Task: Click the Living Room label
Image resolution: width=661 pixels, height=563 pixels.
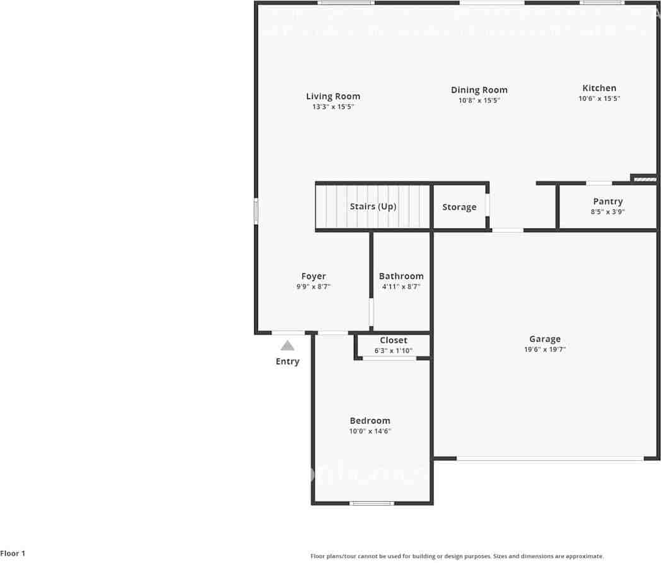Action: [x=333, y=97]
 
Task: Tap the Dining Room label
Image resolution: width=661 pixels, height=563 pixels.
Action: [x=479, y=90]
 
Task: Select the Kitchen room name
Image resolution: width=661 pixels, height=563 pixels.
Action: [x=599, y=88]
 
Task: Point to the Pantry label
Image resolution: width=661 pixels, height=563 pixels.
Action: [x=607, y=201]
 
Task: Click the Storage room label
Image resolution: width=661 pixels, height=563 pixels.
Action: [x=459, y=207]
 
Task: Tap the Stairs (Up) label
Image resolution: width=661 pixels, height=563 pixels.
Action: [x=373, y=206]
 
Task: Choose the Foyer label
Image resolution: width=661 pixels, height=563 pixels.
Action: [x=313, y=276]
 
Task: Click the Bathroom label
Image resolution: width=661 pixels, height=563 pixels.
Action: [x=401, y=276]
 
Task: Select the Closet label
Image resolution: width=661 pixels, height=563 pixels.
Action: [x=394, y=340]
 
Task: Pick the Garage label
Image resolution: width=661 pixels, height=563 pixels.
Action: [x=545, y=339]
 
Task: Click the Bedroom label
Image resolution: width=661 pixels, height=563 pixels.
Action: [x=370, y=421]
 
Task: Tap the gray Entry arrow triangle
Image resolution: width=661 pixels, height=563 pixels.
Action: [x=288, y=345]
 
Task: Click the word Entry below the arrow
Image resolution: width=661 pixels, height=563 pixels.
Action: [x=288, y=362]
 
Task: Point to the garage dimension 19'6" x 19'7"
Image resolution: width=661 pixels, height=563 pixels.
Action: [x=545, y=349]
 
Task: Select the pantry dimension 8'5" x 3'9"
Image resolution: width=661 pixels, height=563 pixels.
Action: [x=607, y=212]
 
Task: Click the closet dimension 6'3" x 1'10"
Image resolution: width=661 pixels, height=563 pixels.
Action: [x=394, y=350]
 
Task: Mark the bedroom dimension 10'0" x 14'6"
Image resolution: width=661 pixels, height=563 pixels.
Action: [x=370, y=432]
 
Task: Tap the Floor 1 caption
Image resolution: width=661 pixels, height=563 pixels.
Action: [x=13, y=554]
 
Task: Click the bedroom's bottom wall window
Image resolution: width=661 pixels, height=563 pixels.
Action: [x=372, y=503]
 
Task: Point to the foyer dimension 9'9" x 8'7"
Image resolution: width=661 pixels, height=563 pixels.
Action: [x=313, y=287]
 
